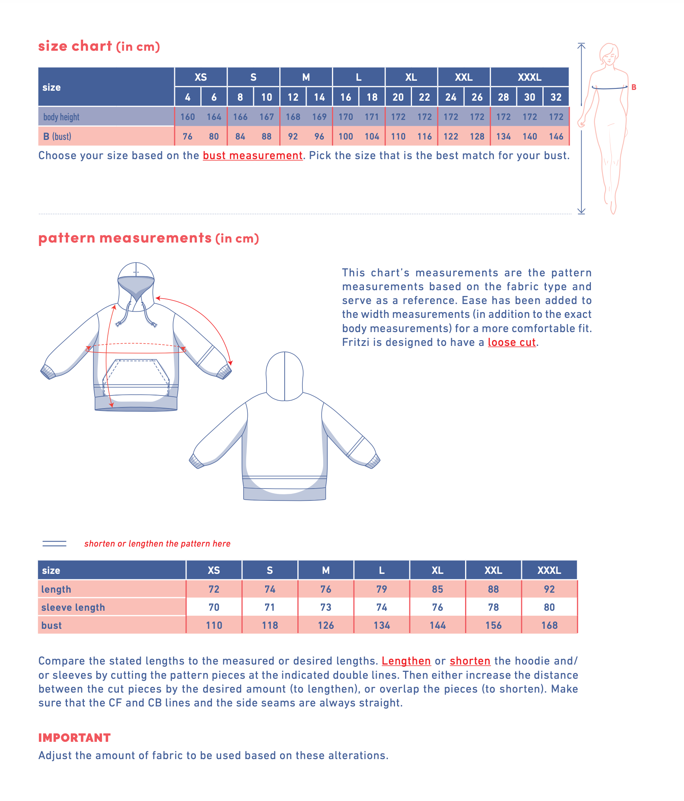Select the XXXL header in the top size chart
pyautogui.click(x=529, y=77)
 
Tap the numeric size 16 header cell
pyautogui.click(x=345, y=97)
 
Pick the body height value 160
pyautogui.click(x=187, y=117)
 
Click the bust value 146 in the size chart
pyautogui.click(x=556, y=136)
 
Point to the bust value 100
pyautogui.click(x=345, y=136)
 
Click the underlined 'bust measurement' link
pyautogui.click(x=252, y=155)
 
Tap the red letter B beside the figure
pyautogui.click(x=633, y=87)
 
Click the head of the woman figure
pyautogui.click(x=609, y=54)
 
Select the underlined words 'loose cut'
pyautogui.click(x=511, y=342)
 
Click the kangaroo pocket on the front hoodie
pyautogui.click(x=136, y=377)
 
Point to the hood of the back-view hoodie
pyautogui.click(x=284, y=375)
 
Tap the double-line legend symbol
pyautogui.click(x=54, y=543)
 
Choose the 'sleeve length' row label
pyautogui.click(x=73, y=607)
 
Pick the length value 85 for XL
pyautogui.click(x=437, y=589)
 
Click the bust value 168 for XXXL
pyautogui.click(x=549, y=625)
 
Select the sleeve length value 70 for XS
pyautogui.click(x=214, y=607)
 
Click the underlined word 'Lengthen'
pyautogui.click(x=406, y=661)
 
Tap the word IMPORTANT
pyautogui.click(x=74, y=738)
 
